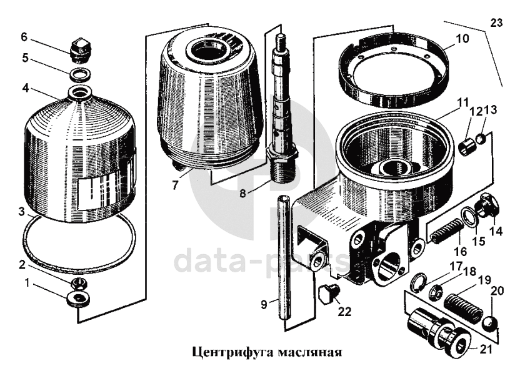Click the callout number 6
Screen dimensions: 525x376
click(24, 37)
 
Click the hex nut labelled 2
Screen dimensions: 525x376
click(79, 285)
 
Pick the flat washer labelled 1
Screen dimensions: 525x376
click(79, 299)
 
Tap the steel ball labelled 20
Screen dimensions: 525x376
click(490, 324)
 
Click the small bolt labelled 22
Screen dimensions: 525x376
click(329, 294)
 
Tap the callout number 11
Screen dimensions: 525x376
click(463, 102)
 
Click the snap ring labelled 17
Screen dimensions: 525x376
click(419, 282)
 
